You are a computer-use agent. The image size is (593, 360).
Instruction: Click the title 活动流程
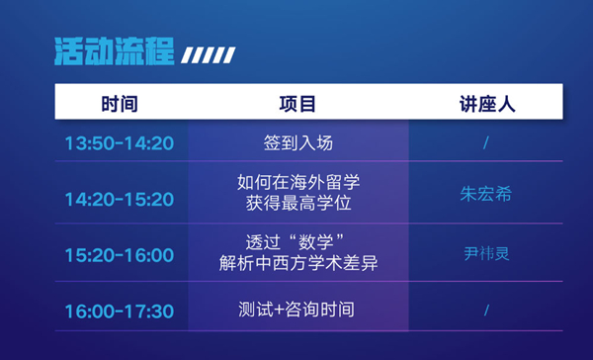click(x=115, y=51)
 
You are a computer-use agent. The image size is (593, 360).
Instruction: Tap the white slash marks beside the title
click(x=208, y=55)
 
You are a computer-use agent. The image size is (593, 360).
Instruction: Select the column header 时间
click(x=120, y=104)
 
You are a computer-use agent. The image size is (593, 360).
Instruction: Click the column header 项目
click(x=297, y=104)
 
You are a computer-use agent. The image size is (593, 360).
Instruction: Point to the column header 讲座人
click(x=487, y=104)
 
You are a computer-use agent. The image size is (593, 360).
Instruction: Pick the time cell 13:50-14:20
click(x=120, y=143)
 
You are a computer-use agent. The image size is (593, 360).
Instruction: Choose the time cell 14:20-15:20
click(x=120, y=199)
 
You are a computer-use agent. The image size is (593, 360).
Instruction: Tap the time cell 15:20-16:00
click(x=120, y=255)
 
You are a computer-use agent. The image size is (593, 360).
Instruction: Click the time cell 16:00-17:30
click(x=120, y=312)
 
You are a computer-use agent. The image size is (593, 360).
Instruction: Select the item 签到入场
click(x=298, y=143)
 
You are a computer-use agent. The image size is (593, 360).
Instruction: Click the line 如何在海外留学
click(x=298, y=182)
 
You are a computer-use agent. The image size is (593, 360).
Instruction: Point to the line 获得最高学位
click(x=298, y=204)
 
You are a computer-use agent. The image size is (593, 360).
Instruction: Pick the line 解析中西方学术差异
click(x=298, y=263)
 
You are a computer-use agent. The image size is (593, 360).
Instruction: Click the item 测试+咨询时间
click(x=296, y=310)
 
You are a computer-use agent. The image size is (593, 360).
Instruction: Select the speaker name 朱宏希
click(x=486, y=194)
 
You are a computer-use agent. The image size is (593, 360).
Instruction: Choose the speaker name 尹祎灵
click(x=486, y=253)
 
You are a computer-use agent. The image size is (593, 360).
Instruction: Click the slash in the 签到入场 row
click(x=486, y=143)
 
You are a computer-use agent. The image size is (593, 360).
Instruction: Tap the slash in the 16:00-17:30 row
click(x=486, y=311)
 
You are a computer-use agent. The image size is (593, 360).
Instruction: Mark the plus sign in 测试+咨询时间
click(x=279, y=310)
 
